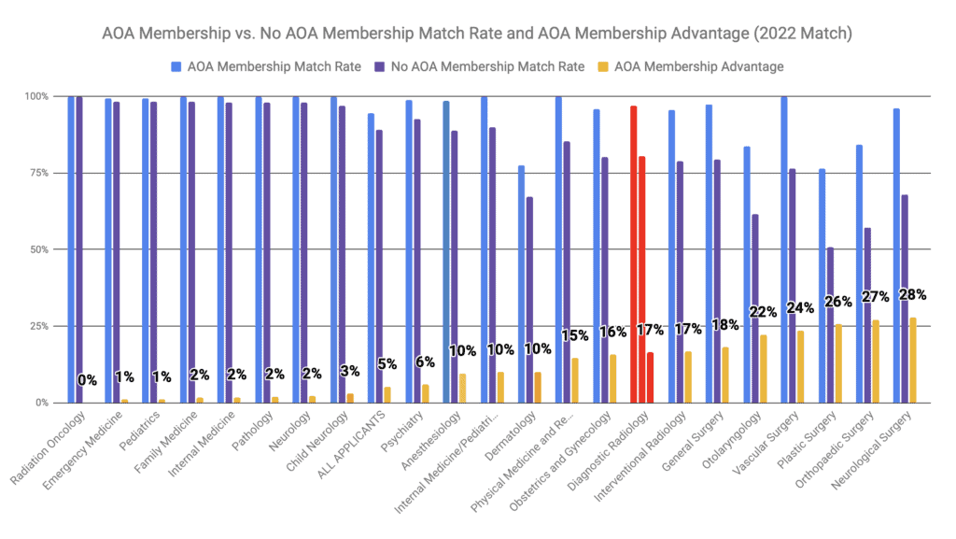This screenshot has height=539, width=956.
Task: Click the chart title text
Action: (x=478, y=35)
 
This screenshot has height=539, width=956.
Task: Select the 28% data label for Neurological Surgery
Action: (x=912, y=295)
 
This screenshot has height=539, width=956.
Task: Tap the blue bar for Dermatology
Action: (x=521, y=284)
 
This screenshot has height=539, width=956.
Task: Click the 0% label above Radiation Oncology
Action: (x=87, y=380)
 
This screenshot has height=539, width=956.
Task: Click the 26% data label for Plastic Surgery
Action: (x=837, y=302)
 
